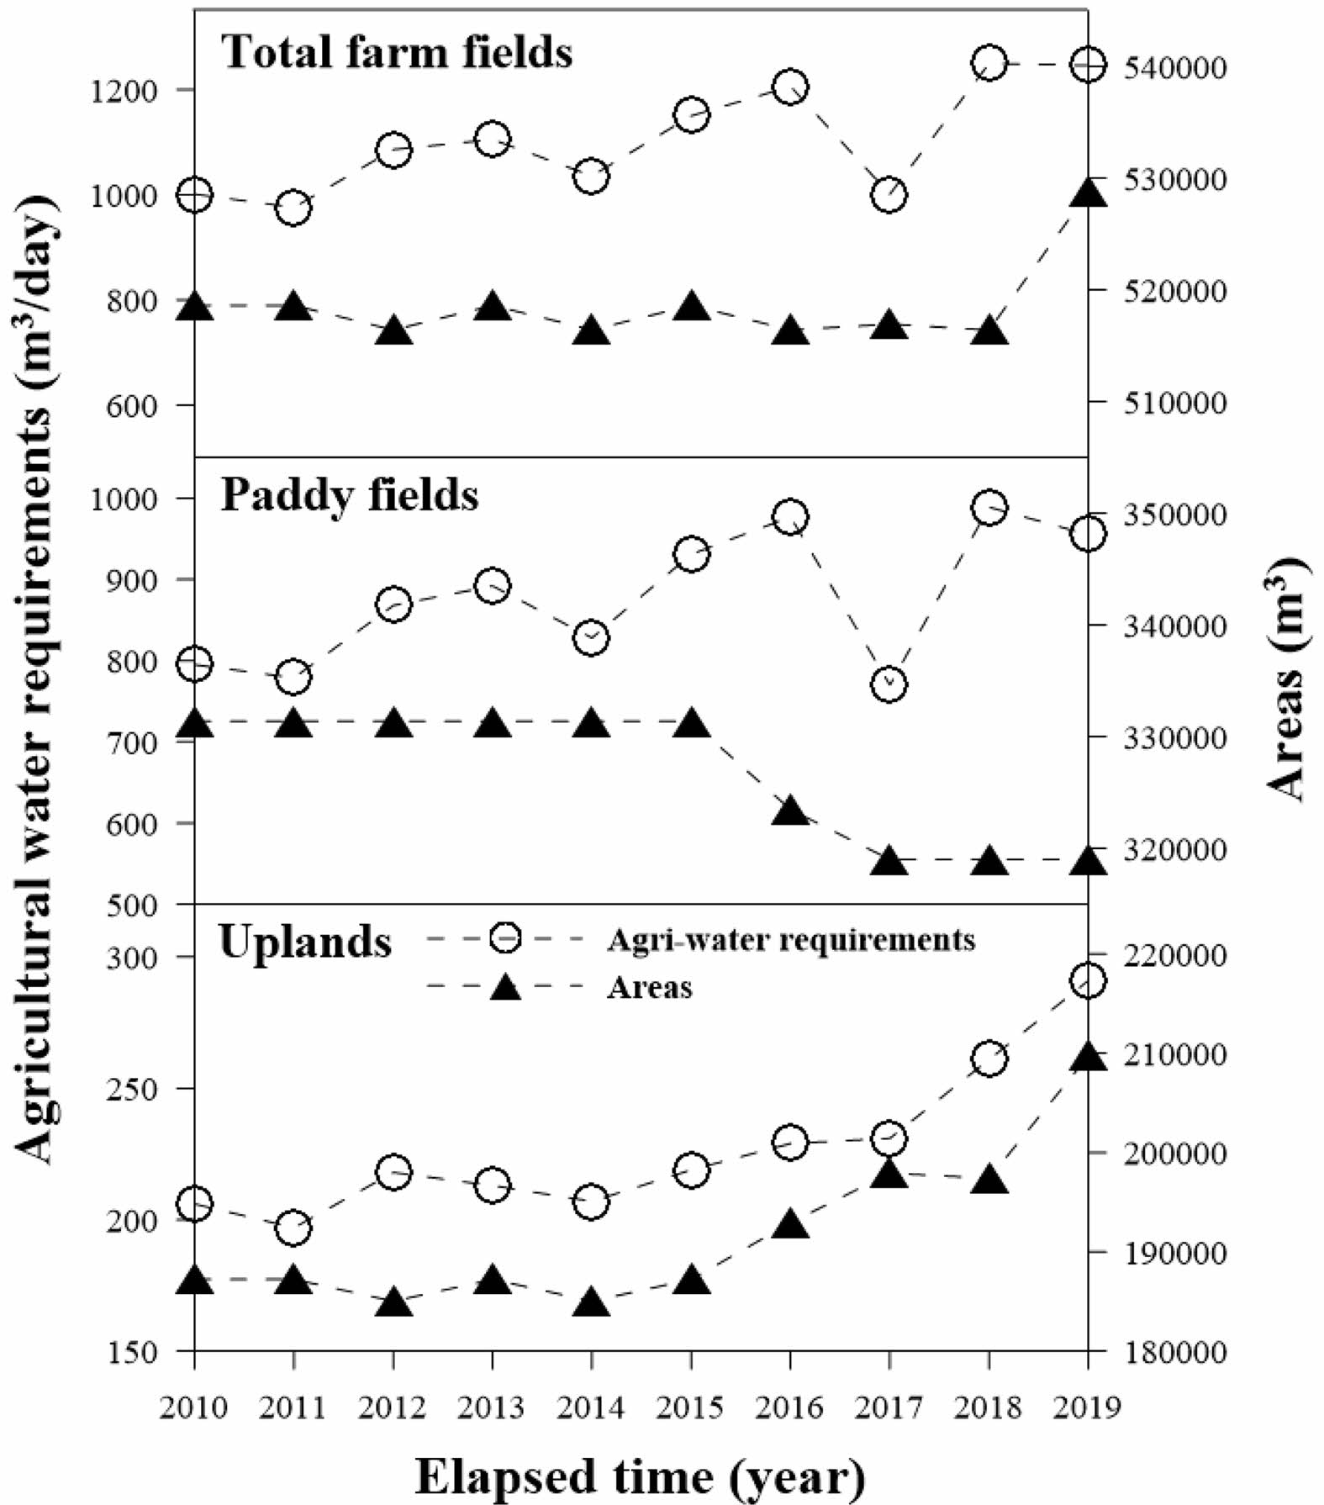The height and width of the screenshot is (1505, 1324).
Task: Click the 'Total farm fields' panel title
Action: pyautogui.click(x=397, y=52)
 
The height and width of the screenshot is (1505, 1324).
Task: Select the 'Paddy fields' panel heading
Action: pyautogui.click(x=350, y=495)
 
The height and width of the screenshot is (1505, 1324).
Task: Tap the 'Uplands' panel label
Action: pyautogui.click(x=305, y=941)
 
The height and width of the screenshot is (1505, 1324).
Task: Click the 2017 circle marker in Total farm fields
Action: pyautogui.click(x=889, y=195)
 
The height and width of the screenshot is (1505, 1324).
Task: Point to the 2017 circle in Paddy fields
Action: pyautogui.click(x=889, y=684)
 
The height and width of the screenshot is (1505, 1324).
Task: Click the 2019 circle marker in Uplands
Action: pyautogui.click(x=1088, y=980)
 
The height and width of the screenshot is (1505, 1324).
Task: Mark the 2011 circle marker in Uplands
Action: pyautogui.click(x=293, y=1228)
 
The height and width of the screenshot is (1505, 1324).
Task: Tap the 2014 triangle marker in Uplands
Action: pyautogui.click(x=591, y=1304)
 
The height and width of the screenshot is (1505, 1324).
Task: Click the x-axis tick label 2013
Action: pyautogui.click(x=492, y=1407)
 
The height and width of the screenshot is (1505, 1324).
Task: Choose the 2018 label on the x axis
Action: pyautogui.click(x=989, y=1407)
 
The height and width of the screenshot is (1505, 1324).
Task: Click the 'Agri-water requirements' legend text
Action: pyautogui.click(x=790, y=939)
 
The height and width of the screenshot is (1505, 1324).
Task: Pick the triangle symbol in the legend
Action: pyautogui.click(x=506, y=987)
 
